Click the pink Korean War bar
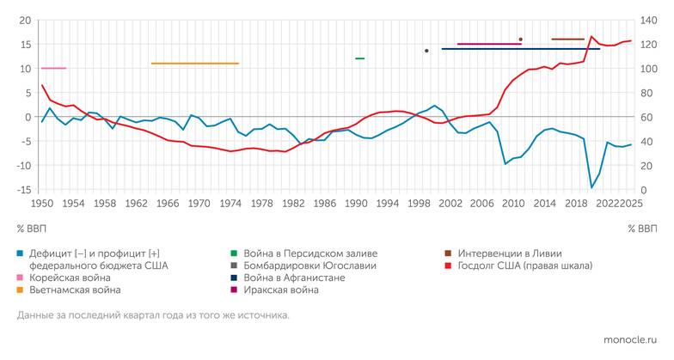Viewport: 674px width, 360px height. [53, 68]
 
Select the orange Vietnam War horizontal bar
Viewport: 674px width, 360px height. [194, 64]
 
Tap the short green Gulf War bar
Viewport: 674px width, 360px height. [359, 58]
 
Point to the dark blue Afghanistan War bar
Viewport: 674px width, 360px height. [520, 49]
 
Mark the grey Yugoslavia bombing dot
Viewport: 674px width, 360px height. [426, 51]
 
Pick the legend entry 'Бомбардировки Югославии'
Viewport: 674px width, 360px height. [305, 266]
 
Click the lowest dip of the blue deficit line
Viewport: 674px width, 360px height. [591, 187]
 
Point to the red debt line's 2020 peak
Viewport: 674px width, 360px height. [591, 37]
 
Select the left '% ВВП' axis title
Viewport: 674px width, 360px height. [32, 229]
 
